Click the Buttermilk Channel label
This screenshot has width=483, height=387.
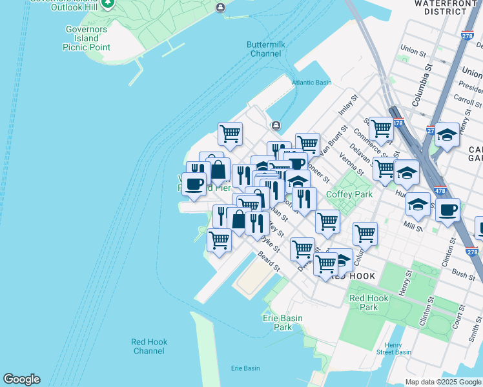pyautogui.click(x=264, y=49)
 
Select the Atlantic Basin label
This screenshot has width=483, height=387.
pyautogui.click(x=311, y=83)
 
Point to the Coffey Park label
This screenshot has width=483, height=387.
pyautogui.click(x=349, y=194)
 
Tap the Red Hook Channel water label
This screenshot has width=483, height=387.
pyautogui.click(x=148, y=346)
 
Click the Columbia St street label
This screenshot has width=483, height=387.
pyautogui.click(x=428, y=83)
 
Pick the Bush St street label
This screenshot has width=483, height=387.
pyautogui.click(x=464, y=273)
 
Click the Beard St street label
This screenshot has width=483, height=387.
pyautogui.click(x=269, y=262)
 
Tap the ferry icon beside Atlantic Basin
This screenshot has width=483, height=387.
pyautogui.click(x=276, y=125)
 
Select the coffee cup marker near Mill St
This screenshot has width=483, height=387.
pyautogui.click(x=447, y=209)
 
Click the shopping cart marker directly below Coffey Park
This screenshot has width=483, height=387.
pyautogui.click(x=328, y=221)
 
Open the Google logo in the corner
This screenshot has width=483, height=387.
pyautogui.click(x=21, y=379)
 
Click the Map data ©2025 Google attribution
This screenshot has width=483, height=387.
pyautogui.click(x=443, y=382)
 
